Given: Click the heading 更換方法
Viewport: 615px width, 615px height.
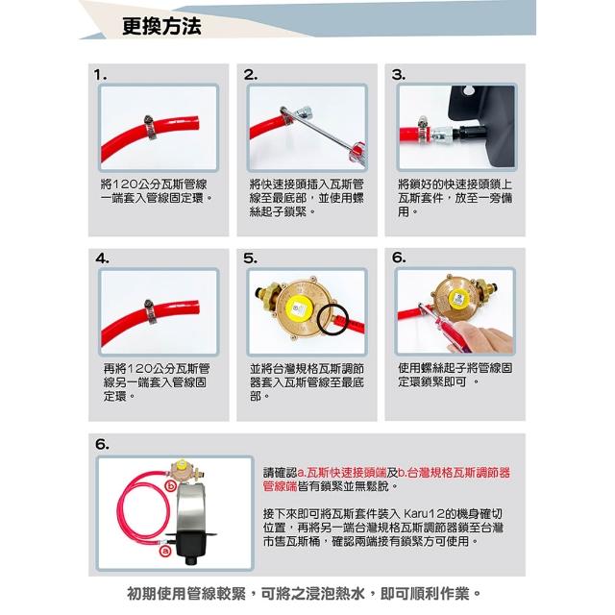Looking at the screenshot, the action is pos(161,26).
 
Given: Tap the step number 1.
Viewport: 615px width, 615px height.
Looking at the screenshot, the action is pos(100,75).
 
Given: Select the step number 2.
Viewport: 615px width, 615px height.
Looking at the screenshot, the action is pos(250,75).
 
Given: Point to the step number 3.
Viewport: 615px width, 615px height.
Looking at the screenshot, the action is pos(399,75).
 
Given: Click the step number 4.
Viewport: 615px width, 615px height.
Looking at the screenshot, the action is pos(103,258).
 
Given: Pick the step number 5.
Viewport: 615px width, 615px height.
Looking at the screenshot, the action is pos(250,258).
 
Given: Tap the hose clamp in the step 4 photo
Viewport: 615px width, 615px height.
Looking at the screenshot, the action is pos(150,311).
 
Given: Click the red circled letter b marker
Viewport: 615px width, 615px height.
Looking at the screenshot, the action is pos(171,486).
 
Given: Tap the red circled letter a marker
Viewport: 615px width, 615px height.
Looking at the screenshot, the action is pos(165,551).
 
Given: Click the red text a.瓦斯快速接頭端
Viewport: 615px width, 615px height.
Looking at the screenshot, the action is pos(342,473).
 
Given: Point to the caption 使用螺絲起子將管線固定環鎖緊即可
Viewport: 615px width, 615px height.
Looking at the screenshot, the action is pos(455,375).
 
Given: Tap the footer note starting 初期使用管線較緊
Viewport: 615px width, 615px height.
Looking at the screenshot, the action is pos(304,594).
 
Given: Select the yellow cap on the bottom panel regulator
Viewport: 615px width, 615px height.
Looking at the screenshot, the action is pos(182,465).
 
